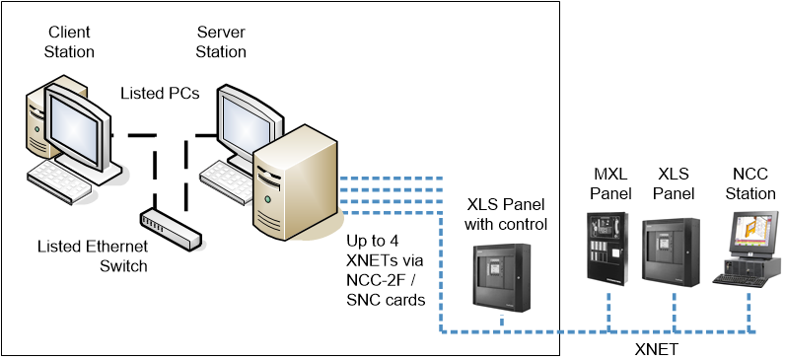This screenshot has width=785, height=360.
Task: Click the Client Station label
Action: (x=69, y=41)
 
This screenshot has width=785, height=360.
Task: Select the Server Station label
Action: (x=221, y=41)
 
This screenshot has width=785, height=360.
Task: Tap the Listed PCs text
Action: (x=160, y=93)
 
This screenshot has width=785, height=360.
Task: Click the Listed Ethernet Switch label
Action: (x=92, y=255)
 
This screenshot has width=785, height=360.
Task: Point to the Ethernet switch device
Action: (x=171, y=226)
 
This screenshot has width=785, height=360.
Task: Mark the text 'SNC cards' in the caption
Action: (x=386, y=300)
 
